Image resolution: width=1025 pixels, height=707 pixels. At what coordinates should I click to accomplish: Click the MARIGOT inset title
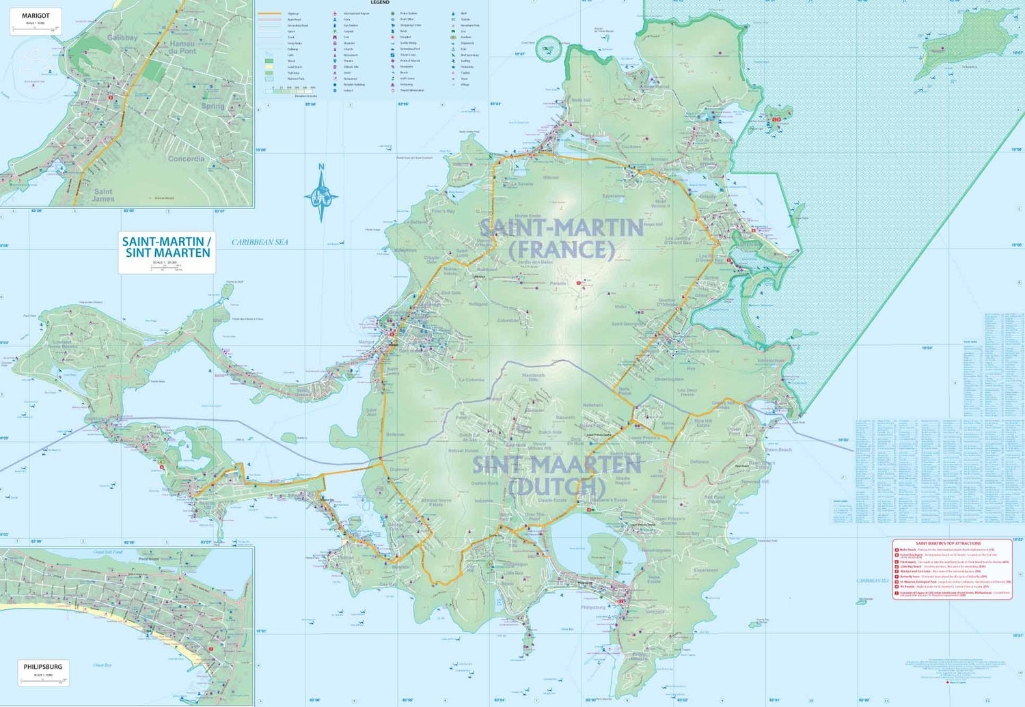tap(36, 16)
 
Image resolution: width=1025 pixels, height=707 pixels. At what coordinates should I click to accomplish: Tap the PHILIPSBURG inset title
tap(42, 667)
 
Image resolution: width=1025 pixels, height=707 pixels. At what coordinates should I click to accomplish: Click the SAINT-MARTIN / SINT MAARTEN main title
tap(167, 247)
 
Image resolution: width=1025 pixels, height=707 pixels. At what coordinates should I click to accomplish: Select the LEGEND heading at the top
tap(380, 3)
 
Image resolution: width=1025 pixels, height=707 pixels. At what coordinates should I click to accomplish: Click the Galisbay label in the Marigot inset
tap(122, 38)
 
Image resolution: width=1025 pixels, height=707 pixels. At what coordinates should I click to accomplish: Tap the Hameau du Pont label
tap(182, 47)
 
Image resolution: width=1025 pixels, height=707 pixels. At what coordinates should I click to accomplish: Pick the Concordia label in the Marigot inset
tap(186, 158)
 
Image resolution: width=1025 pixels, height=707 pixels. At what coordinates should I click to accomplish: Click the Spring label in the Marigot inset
tap(213, 106)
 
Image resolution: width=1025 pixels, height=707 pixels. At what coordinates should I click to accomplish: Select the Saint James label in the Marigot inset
tap(103, 195)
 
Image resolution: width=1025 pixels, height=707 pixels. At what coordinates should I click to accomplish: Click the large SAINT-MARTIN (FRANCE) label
tap(561, 238)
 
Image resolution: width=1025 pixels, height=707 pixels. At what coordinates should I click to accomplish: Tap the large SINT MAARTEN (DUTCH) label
tap(556, 475)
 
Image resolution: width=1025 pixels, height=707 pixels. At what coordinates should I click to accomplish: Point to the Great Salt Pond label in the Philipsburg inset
tap(108, 552)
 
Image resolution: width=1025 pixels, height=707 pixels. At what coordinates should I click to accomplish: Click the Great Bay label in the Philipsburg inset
tap(102, 665)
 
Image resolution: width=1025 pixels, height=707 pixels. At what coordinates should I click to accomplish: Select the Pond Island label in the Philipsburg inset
tap(148, 559)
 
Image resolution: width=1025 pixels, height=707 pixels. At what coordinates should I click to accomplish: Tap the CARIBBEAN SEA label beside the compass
tap(260, 242)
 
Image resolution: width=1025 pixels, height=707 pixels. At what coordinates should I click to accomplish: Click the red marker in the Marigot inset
tap(111, 98)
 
